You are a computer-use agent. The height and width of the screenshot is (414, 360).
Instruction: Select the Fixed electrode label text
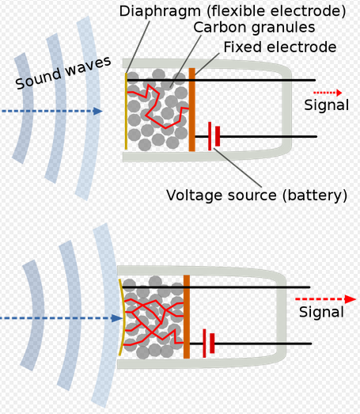coord(279,47)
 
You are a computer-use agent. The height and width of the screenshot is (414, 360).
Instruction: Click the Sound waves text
coord(63,71)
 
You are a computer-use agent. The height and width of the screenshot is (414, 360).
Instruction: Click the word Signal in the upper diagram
coord(325,105)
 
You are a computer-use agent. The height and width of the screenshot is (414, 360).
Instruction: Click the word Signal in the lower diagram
coord(321,313)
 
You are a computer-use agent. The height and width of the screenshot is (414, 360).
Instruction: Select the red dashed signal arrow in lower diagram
coord(321,299)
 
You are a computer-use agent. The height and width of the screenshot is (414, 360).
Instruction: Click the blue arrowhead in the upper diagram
coord(97,112)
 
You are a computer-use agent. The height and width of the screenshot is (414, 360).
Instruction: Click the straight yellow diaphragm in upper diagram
coord(125,112)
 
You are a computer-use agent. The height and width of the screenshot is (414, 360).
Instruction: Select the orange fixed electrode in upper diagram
coord(192,110)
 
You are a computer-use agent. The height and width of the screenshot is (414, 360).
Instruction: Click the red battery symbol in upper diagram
coord(212,136)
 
